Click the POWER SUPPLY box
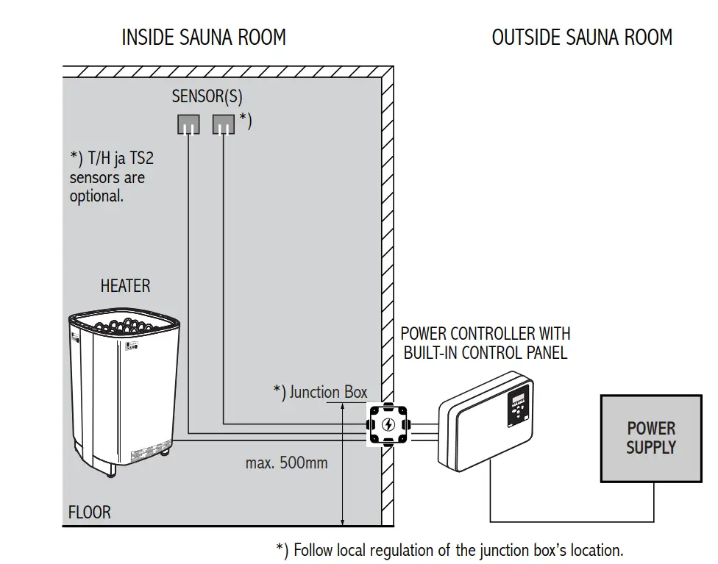tap(650, 438)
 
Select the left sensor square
tap(188, 124)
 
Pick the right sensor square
tap(224, 124)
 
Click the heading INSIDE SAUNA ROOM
tap(204, 38)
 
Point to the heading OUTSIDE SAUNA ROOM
tap(582, 38)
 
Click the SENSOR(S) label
tap(207, 96)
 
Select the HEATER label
tap(126, 286)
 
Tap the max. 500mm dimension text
tap(286, 463)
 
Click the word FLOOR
tap(90, 513)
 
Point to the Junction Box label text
tap(327, 392)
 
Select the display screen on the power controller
tap(517, 401)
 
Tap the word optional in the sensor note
tap(96, 196)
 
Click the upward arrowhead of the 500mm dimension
tap(343, 407)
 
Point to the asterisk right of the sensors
tap(245, 120)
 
